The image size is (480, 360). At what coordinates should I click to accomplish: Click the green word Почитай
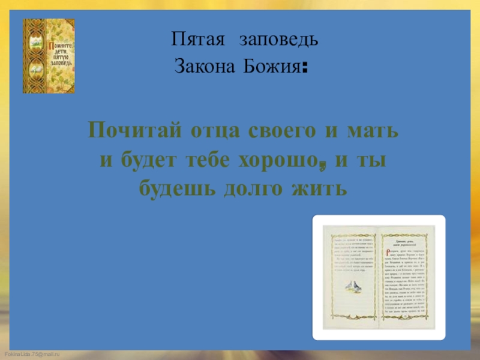[137, 130]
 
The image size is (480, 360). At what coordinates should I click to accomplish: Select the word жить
[322, 190]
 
